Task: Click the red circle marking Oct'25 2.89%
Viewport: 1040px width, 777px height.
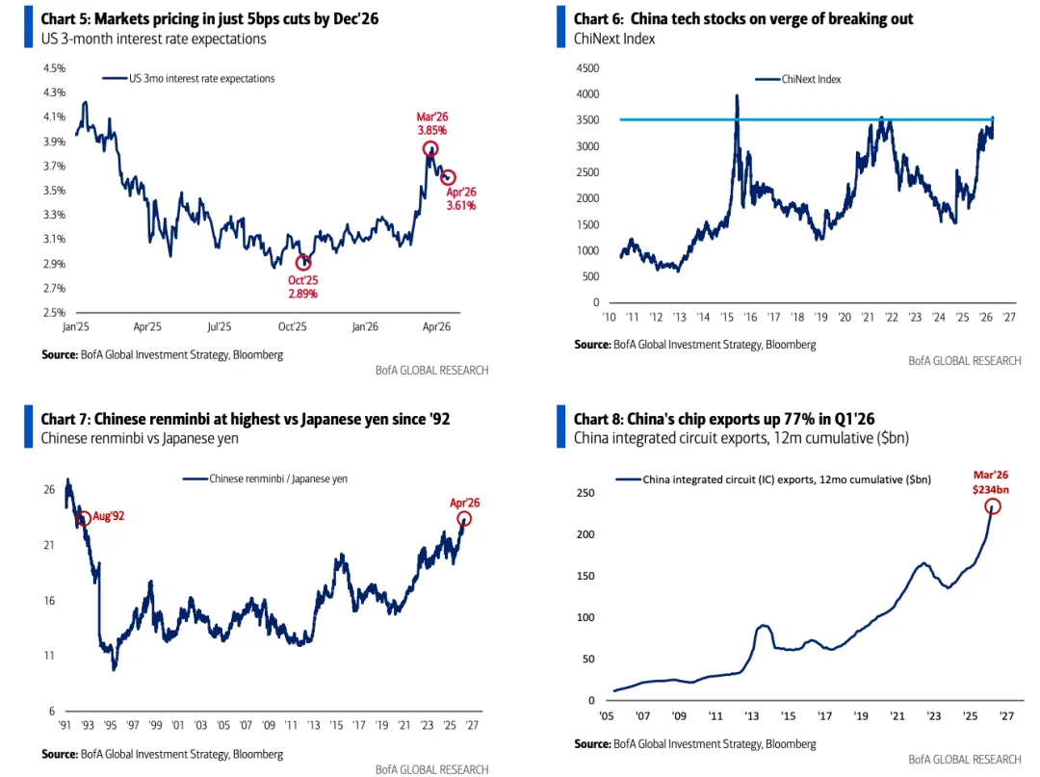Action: tap(303, 262)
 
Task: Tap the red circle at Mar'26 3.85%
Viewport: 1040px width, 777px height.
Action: tap(430, 148)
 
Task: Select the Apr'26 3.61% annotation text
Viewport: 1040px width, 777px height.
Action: tap(460, 198)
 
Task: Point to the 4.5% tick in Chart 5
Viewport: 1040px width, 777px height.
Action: tap(54, 68)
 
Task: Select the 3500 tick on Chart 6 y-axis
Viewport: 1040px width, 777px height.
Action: tap(587, 120)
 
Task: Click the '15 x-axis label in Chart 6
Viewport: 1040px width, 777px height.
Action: tap(727, 317)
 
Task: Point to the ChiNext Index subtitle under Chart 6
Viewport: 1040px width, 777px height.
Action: tap(614, 39)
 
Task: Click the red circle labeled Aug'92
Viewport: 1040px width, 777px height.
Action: tap(84, 518)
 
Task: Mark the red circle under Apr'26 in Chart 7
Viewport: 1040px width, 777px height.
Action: tap(465, 519)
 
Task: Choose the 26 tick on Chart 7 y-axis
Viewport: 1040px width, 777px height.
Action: tap(49, 490)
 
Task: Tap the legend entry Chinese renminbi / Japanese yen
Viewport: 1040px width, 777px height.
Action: tap(278, 479)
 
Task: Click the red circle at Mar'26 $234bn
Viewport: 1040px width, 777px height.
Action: tap(993, 506)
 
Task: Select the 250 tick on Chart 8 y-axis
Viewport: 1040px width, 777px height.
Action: tap(585, 493)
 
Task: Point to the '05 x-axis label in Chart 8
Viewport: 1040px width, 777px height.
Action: tap(608, 716)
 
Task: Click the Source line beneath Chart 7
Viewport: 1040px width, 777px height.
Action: tap(162, 754)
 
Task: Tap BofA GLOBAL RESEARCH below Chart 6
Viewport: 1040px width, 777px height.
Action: tap(964, 361)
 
